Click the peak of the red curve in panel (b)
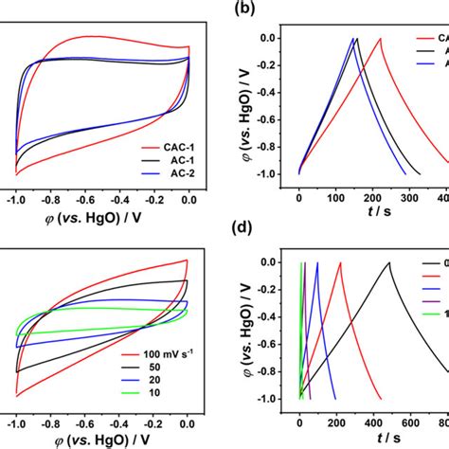pyautogui.click(x=381, y=38)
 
